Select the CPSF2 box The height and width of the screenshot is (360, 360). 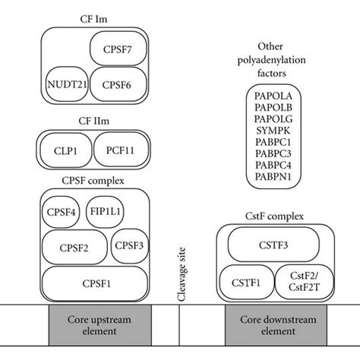[x=74, y=247]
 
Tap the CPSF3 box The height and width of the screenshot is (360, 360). [x=131, y=246]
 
